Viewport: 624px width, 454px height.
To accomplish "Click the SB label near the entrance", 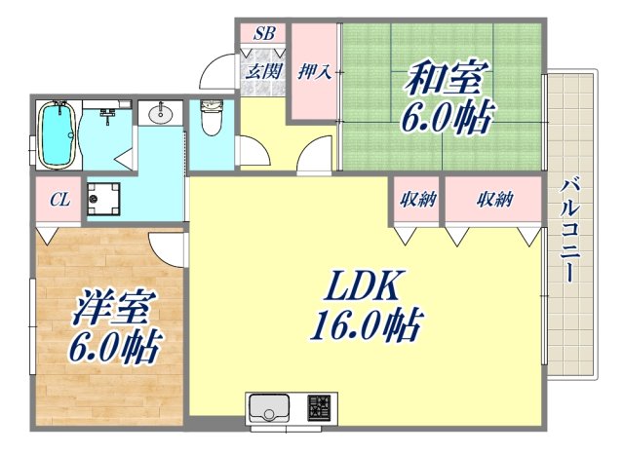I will coord(264,34).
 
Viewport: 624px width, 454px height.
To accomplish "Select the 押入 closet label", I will coord(313,71).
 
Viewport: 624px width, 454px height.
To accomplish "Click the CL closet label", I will coord(59,201).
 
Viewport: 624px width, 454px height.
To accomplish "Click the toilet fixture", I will coord(211,122).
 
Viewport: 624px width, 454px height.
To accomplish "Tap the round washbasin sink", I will coord(160,116).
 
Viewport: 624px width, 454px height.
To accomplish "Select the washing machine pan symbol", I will coord(102,198).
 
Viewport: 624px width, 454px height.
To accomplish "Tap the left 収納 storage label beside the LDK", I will coord(417,200).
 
